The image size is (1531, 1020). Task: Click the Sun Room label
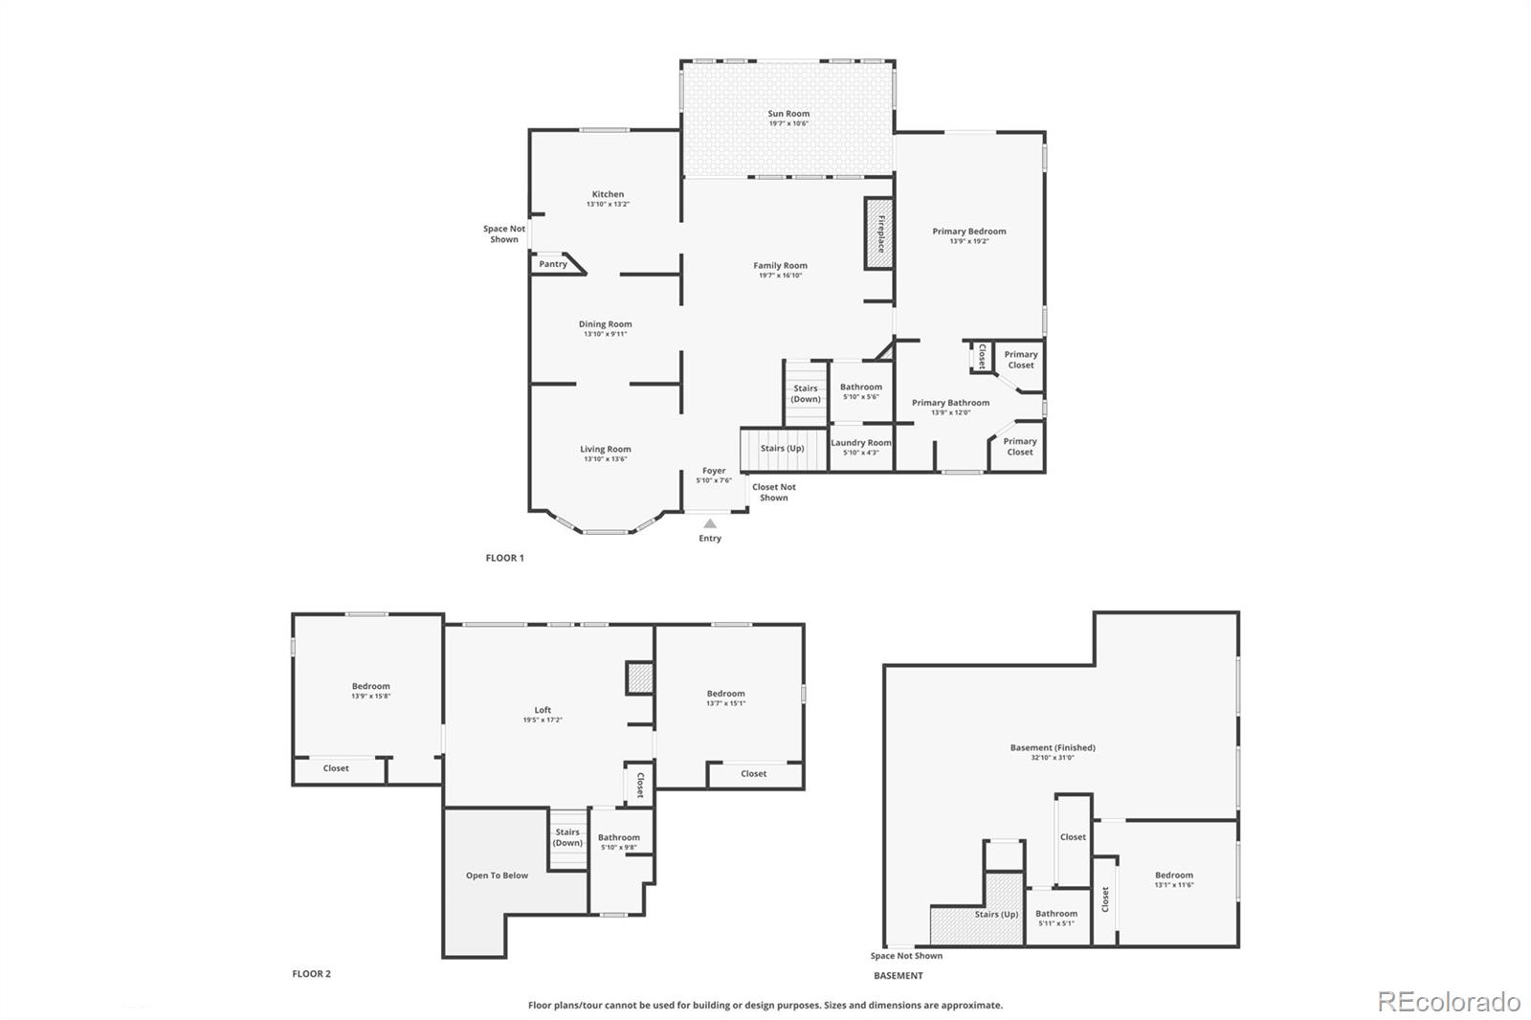click(x=788, y=114)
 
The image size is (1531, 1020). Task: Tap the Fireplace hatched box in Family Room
click(x=879, y=233)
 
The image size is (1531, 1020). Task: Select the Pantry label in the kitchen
click(x=553, y=264)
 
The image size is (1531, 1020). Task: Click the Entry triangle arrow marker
click(x=710, y=523)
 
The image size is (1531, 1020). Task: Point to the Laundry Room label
click(x=860, y=443)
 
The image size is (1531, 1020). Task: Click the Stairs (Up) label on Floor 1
click(x=782, y=448)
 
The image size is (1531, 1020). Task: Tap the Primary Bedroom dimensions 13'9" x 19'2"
click(x=969, y=241)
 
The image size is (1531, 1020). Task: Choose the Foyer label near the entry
click(x=714, y=471)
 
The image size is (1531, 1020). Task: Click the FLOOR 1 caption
click(x=505, y=558)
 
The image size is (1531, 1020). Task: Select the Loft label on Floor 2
click(x=543, y=710)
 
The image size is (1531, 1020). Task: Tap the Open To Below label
click(x=497, y=876)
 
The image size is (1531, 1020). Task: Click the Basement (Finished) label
click(x=1053, y=747)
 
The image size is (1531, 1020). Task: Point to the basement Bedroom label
click(x=1173, y=875)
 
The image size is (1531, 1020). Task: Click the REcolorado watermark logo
click(x=1448, y=1001)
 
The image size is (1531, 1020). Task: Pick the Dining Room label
click(x=605, y=324)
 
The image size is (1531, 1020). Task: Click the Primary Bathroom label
click(x=950, y=403)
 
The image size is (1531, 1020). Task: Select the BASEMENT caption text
click(x=899, y=976)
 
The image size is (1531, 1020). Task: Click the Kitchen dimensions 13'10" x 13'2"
click(x=608, y=204)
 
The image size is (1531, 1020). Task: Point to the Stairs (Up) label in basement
click(x=996, y=914)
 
